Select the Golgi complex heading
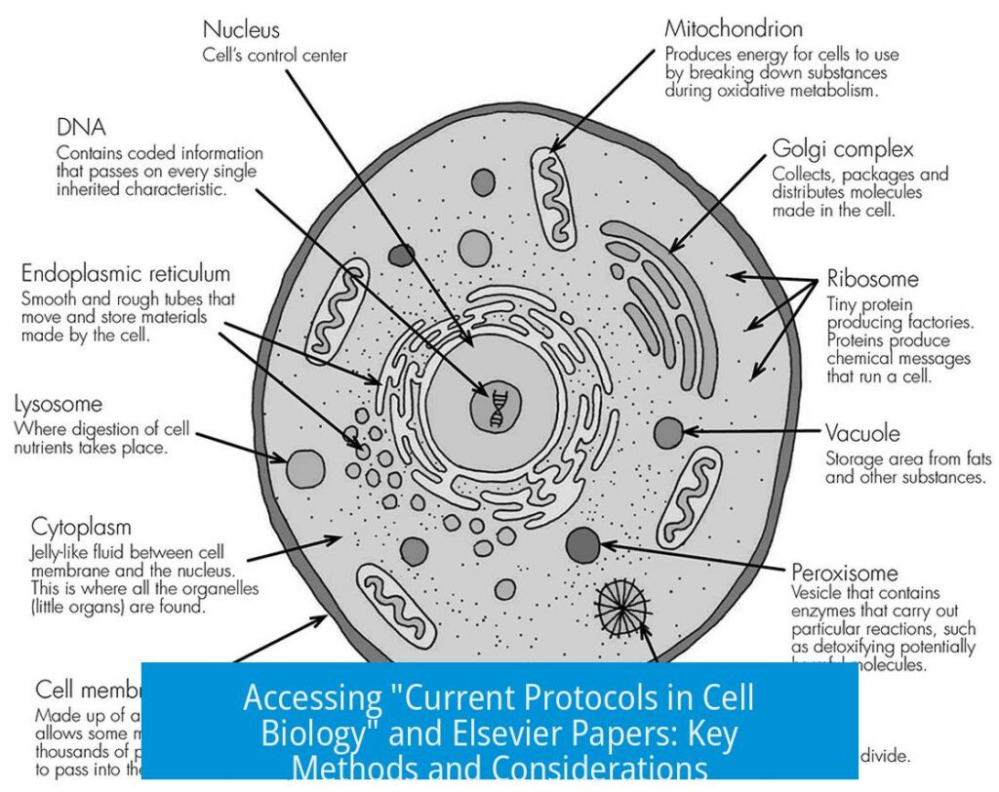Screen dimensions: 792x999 pos(841,150)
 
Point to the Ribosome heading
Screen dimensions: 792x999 pos(873,279)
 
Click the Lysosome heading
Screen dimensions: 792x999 pos(59,404)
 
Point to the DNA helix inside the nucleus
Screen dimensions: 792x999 pos(496,407)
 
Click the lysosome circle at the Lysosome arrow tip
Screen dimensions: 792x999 pos(305,468)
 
